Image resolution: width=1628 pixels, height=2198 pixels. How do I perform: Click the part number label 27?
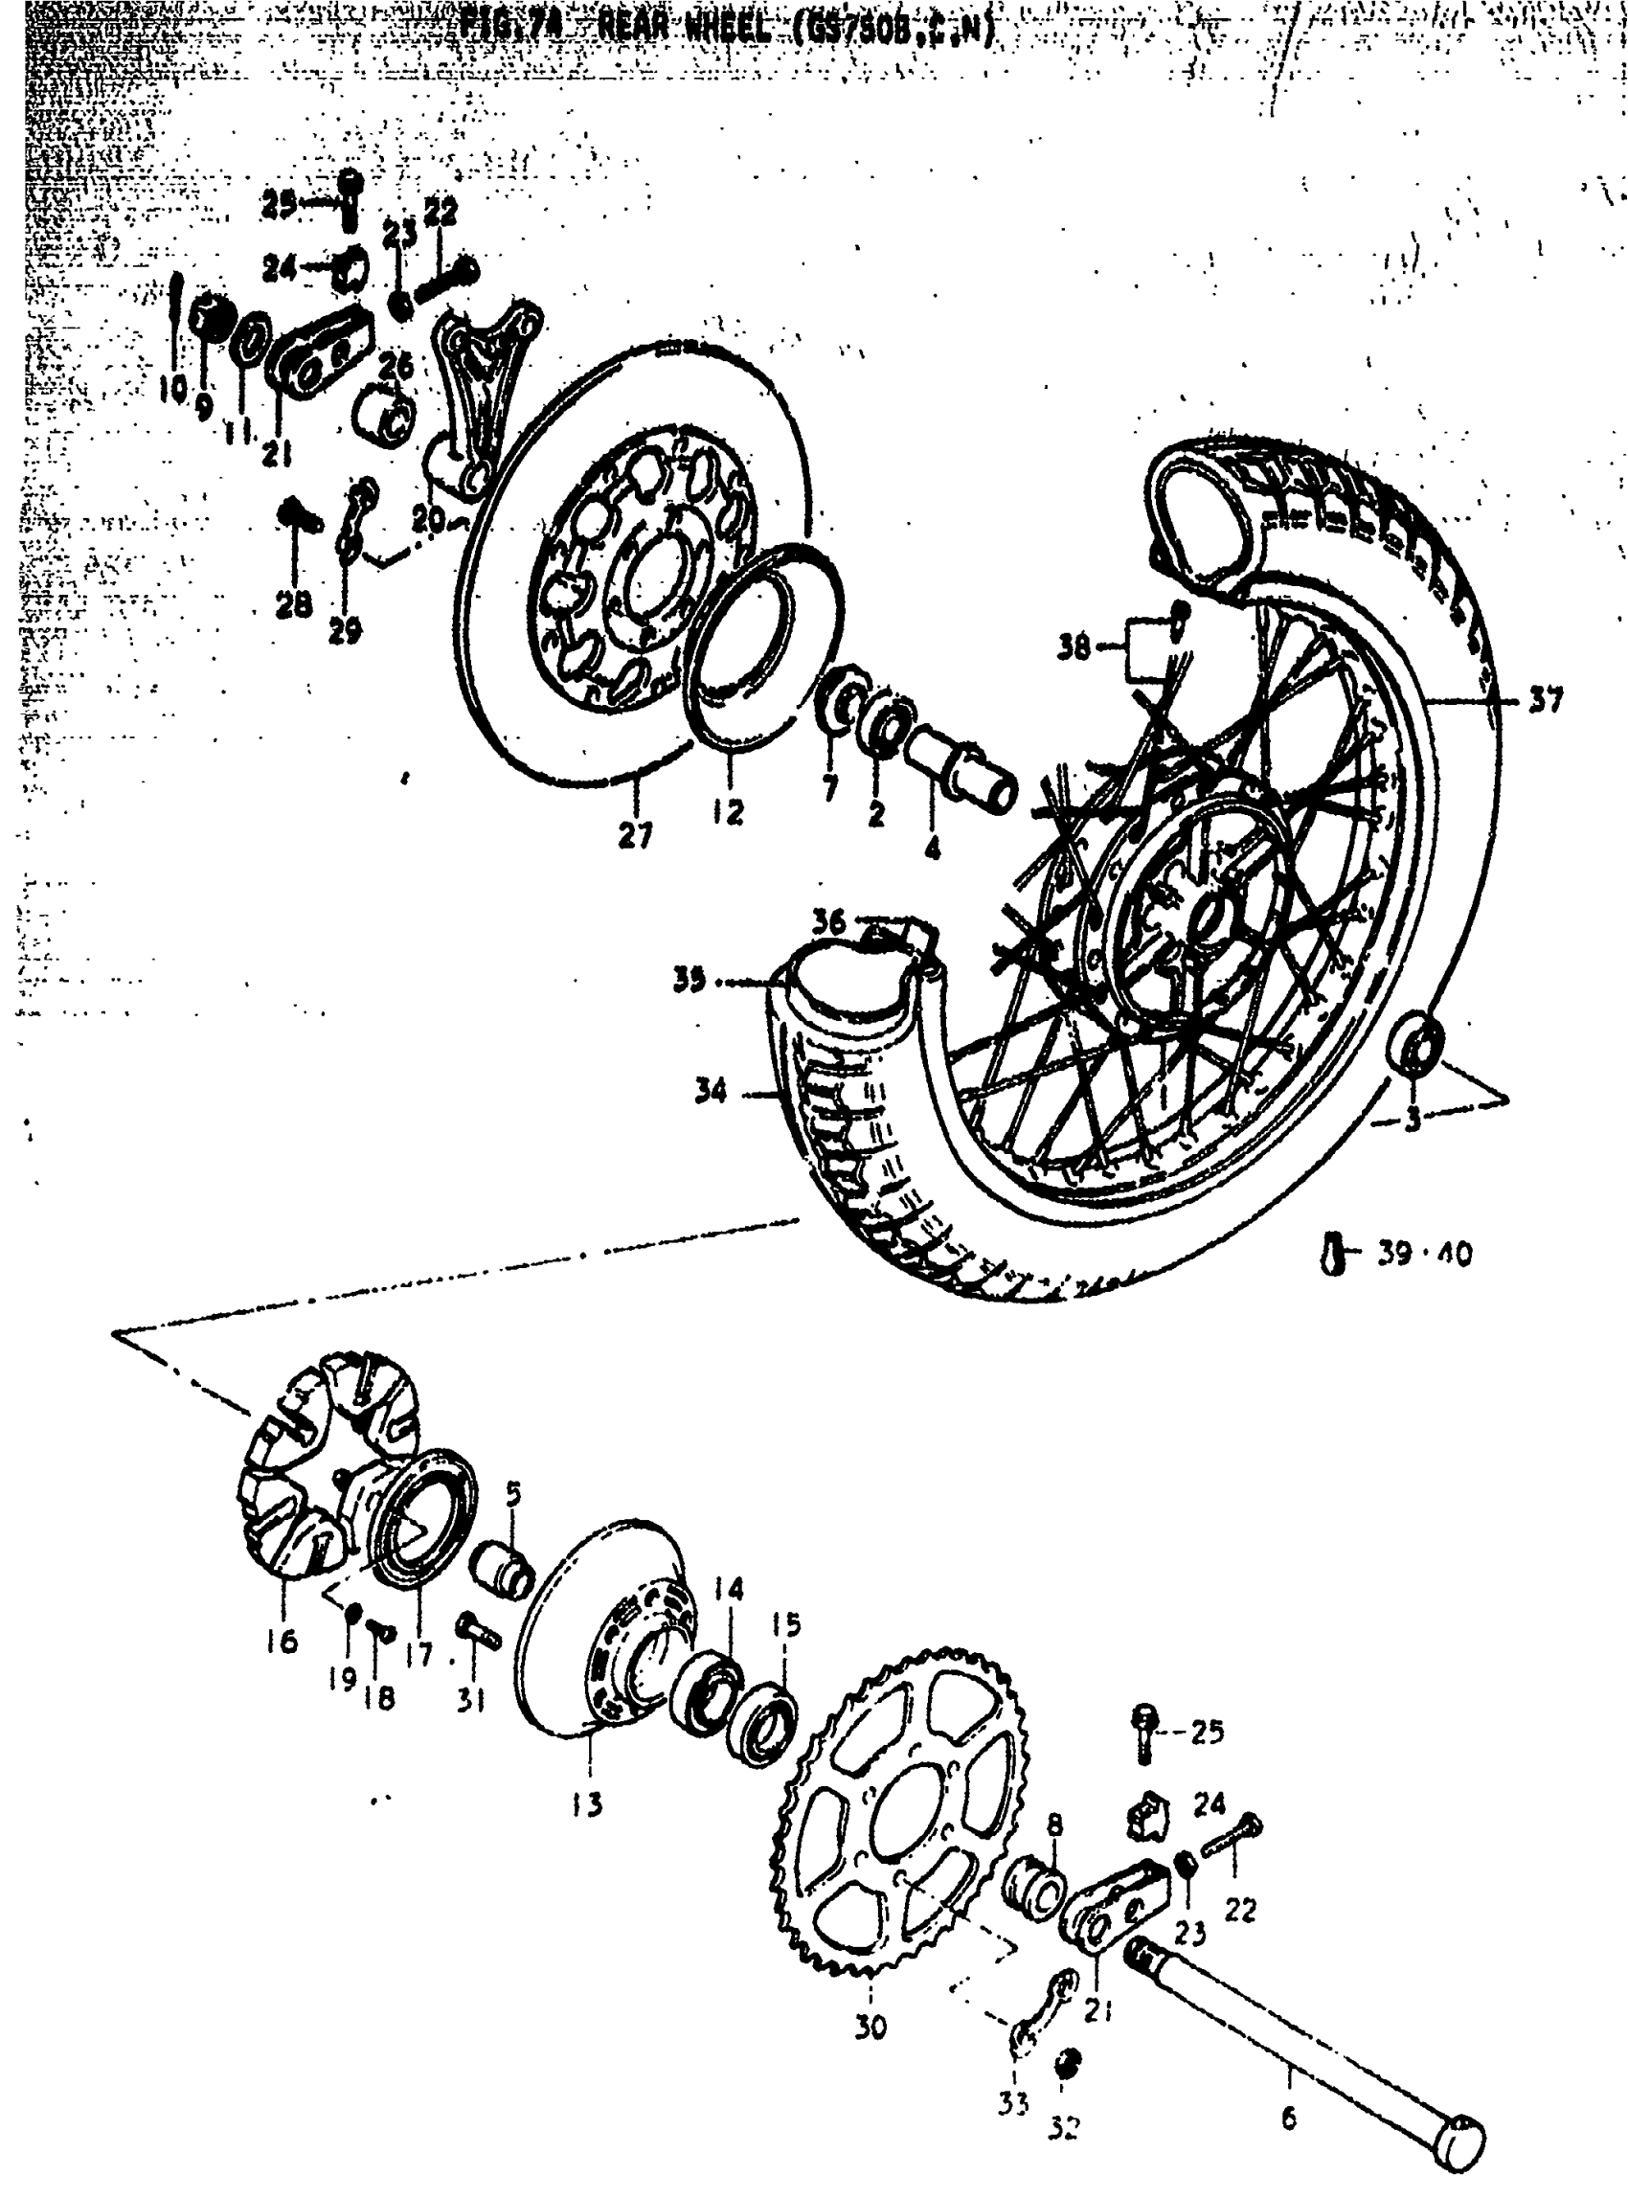click(x=636, y=836)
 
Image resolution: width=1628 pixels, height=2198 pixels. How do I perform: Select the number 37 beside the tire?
click(x=1547, y=701)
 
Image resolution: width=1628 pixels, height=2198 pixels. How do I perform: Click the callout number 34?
click(x=711, y=1091)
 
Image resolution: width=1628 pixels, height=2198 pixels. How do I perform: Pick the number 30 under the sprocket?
click(x=871, y=2027)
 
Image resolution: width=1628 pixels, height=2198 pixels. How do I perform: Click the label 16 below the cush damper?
click(x=282, y=1642)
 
